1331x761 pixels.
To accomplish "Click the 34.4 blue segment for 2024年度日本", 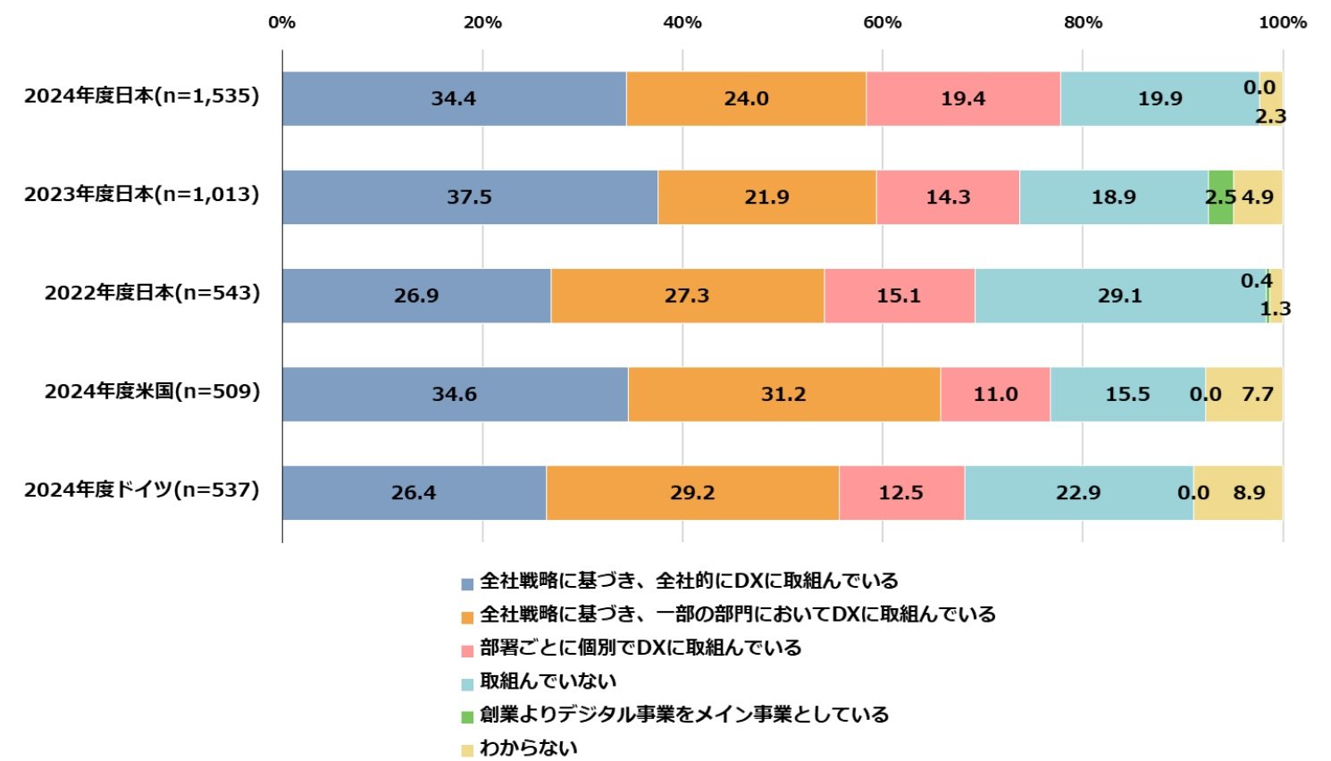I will point(454,98).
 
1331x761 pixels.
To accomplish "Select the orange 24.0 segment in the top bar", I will point(746,98).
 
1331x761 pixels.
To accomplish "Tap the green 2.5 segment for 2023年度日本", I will point(1220,197).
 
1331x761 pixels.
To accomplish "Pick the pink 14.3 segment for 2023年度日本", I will point(948,197).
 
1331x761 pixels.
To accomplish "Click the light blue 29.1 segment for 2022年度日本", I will point(1120,296).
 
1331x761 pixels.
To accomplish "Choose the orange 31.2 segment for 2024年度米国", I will point(783,394).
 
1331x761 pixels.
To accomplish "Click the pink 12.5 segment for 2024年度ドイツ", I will point(901,492).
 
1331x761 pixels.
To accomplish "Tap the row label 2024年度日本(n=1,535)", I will point(142,96).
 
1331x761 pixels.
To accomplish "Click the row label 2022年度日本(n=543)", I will point(152,293).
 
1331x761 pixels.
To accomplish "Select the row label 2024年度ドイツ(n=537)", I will point(142,489).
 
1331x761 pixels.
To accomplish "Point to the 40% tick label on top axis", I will point(682,22).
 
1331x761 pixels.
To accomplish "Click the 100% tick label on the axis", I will point(1282,22).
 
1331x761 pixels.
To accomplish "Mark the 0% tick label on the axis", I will point(282,22).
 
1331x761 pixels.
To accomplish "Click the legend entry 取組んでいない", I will point(548,682).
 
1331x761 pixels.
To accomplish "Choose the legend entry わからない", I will point(528,748).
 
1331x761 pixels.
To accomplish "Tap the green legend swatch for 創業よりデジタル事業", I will point(467,716).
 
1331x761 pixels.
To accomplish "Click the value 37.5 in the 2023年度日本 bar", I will point(469,197).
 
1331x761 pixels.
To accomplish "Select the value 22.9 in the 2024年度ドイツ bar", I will point(1078,492).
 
